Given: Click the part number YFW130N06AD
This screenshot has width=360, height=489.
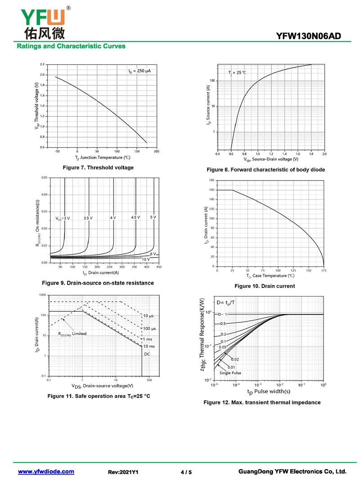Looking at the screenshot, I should (x=315, y=36).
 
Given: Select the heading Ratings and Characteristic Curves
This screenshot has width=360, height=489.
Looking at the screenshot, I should (x=71, y=46).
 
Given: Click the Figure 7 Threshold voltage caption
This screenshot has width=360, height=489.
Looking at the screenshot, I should (x=98, y=168).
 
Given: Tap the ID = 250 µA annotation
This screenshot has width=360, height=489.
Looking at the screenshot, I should (x=139, y=71).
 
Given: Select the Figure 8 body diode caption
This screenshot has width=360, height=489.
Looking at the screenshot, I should (x=265, y=170).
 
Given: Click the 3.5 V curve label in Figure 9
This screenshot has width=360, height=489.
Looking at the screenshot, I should (x=88, y=218).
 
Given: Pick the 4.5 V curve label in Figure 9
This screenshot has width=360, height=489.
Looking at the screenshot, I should (x=135, y=217).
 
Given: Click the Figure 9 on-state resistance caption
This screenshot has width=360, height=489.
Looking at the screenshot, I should (x=98, y=283).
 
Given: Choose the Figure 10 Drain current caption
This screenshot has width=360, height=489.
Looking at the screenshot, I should (x=265, y=286).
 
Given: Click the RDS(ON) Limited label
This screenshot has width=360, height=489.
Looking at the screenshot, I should (x=72, y=334).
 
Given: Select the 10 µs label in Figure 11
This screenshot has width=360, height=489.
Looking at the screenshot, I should (x=149, y=316).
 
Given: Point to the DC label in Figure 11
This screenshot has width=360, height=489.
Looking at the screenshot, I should (x=147, y=354).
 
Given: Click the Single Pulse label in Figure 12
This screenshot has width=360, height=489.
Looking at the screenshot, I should (x=230, y=373).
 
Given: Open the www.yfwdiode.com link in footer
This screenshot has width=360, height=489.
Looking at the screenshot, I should (x=46, y=471).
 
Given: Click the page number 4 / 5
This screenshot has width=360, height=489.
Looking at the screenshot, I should (x=186, y=472).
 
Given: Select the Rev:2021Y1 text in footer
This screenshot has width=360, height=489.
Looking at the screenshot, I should (x=123, y=472).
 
